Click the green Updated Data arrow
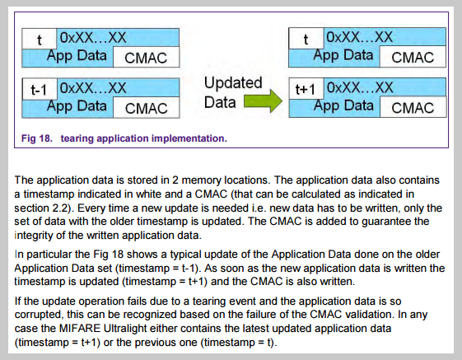(x=263, y=101)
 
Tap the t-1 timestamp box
(x=40, y=89)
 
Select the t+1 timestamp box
(x=306, y=88)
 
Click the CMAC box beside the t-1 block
(x=146, y=108)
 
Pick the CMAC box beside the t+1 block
(x=413, y=107)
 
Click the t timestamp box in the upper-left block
(x=40, y=39)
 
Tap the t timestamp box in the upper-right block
(x=306, y=39)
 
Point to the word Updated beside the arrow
(x=233, y=82)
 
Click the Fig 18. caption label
(x=37, y=138)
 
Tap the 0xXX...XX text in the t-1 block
(x=93, y=88)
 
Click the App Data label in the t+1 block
(x=343, y=105)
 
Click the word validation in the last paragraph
(x=370, y=315)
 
